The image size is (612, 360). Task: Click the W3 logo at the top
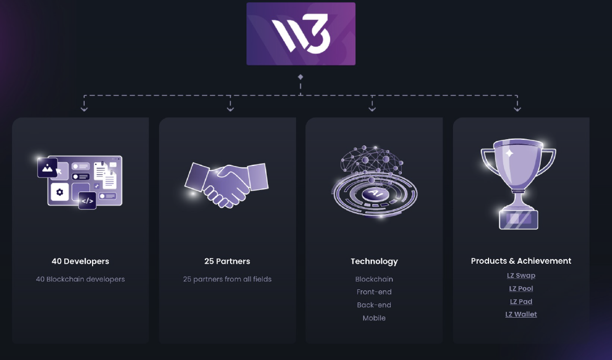(301, 34)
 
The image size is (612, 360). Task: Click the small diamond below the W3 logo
(300, 77)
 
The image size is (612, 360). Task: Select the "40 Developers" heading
(80, 261)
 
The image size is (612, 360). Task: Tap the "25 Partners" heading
(227, 261)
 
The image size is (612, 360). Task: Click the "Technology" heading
(374, 261)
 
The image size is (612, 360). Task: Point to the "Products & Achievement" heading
(521, 261)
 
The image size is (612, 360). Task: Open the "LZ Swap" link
(521, 275)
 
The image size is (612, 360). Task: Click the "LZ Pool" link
(521, 288)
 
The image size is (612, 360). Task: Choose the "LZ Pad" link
(521, 301)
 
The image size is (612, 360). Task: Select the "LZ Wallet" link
(521, 314)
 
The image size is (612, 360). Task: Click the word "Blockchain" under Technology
(374, 279)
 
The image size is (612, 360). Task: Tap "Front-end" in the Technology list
(374, 292)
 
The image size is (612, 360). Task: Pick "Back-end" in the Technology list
(374, 305)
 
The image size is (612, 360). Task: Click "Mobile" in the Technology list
(374, 318)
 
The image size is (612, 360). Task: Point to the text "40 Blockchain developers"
(80, 279)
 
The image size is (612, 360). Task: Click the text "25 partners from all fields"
(227, 279)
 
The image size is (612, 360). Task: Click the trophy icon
(518, 183)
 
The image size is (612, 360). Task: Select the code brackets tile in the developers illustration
(87, 200)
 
